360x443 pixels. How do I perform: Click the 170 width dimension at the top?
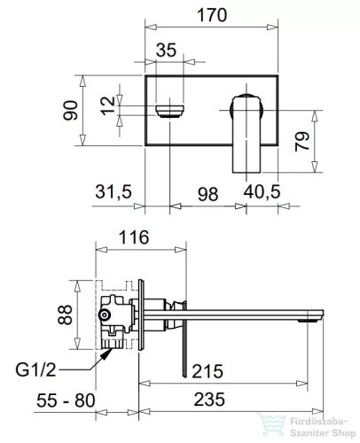tap(212, 15)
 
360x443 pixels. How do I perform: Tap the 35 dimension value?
tap(166, 50)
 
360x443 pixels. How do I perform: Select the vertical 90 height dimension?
tap(70, 111)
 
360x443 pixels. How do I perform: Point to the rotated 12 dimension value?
tap(107, 105)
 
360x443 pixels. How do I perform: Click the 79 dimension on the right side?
tap(301, 142)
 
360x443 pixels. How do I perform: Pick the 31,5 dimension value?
tap(113, 191)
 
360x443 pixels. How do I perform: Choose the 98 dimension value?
tap(207, 194)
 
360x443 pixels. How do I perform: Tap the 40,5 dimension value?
tap(262, 191)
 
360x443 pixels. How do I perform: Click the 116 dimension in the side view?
tap(134, 237)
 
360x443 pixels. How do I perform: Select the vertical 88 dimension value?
tap(65, 315)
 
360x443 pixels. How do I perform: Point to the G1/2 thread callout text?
tap(35, 369)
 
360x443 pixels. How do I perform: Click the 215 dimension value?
tap(207, 371)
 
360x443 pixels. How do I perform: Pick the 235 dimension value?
tap(209, 400)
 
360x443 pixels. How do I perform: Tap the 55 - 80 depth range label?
tap(66, 400)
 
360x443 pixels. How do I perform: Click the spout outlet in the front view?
tap(169, 111)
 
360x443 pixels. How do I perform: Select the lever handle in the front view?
tap(247, 133)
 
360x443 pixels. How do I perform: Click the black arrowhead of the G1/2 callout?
tap(106, 354)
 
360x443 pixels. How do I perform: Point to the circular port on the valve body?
tap(105, 315)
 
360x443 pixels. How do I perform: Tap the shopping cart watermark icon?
tap(272, 424)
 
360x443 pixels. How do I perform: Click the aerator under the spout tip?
tap(308, 320)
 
